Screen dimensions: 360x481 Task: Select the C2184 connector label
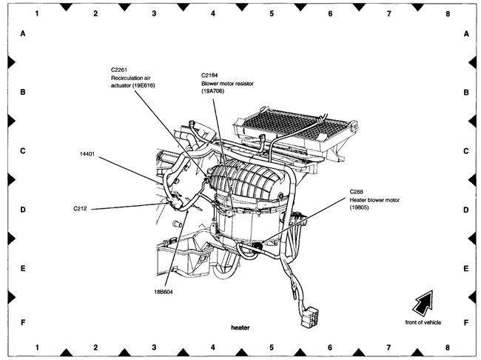[212, 75]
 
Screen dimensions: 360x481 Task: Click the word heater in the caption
[241, 327]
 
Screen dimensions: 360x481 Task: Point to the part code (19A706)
[215, 92]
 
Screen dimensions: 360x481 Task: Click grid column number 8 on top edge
[447, 13]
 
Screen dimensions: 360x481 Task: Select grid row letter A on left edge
[24, 35]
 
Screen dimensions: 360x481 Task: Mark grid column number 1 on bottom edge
[37, 346]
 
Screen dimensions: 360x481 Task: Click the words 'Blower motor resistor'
[227, 84]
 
